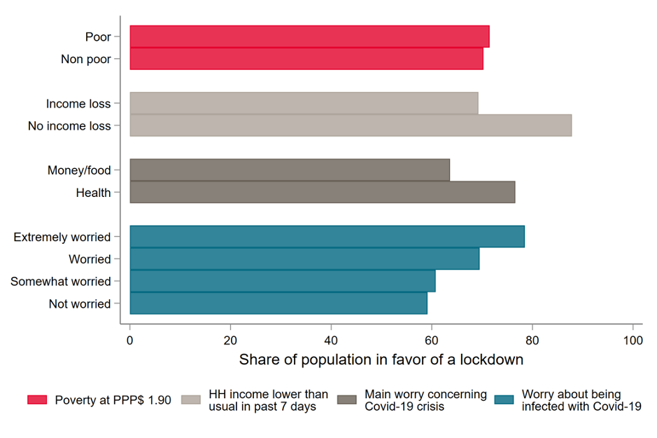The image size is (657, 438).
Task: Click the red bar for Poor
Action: [309, 36]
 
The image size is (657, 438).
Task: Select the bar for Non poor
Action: [306, 59]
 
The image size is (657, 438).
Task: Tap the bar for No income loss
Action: [351, 125]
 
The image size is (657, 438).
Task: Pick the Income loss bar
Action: [304, 103]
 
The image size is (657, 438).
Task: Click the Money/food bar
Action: [290, 170]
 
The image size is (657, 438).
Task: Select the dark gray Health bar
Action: [323, 192]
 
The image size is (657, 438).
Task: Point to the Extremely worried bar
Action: [327, 237]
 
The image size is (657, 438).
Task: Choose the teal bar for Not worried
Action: [278, 303]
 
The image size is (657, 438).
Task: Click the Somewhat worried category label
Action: [60, 281]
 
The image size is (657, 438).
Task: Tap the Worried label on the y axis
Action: [90, 259]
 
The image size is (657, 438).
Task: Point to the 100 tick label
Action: [633, 340]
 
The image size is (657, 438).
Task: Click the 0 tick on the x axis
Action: [130, 340]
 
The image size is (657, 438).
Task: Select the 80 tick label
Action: [532, 340]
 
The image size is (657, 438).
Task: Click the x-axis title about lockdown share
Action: [381, 360]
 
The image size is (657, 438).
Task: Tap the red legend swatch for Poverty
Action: [37, 399]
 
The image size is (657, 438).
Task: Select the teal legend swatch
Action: [504, 399]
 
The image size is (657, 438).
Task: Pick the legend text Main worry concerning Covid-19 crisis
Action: [425, 400]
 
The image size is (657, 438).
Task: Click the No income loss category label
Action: [69, 126]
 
